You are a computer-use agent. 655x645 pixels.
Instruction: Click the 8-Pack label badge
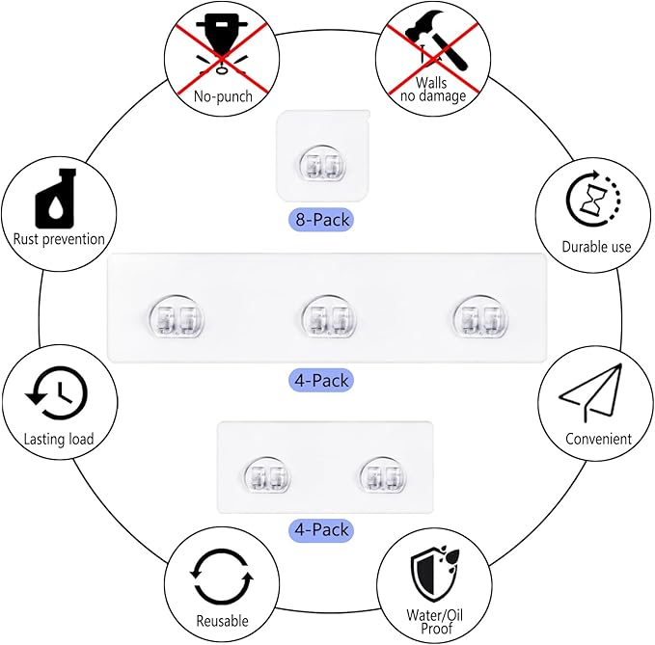click(x=321, y=220)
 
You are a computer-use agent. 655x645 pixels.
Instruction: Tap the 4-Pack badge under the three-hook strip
click(x=321, y=380)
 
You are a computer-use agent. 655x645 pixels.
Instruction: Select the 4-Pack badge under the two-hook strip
click(x=321, y=529)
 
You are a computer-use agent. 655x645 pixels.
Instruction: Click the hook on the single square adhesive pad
click(x=323, y=163)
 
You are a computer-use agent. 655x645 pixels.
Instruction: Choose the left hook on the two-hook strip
click(x=267, y=476)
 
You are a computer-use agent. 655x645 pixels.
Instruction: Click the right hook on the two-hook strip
click(x=383, y=476)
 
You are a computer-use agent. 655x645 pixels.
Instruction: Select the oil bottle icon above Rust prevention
click(x=56, y=199)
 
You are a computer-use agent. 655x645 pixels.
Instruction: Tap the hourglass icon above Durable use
click(x=593, y=199)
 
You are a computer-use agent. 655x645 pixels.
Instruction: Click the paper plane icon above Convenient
click(x=590, y=392)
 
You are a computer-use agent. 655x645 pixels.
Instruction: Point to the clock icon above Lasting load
click(x=57, y=392)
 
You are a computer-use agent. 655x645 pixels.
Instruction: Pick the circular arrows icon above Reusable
click(x=222, y=577)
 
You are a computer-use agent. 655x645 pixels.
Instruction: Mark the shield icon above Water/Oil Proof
click(x=434, y=573)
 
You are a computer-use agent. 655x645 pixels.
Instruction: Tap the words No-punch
click(x=223, y=96)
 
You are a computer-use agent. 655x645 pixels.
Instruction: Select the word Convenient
click(x=598, y=439)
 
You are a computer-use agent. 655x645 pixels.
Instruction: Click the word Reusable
click(x=222, y=621)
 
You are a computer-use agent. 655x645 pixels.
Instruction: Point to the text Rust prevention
click(x=59, y=239)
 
